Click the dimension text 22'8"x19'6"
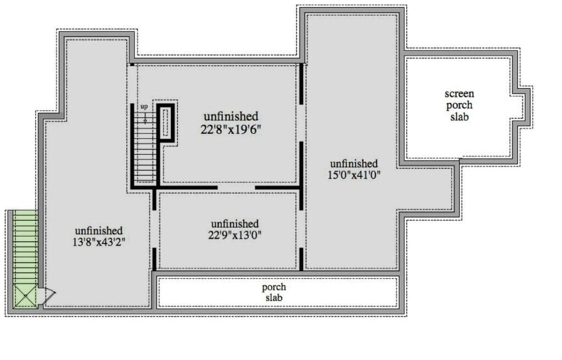[231, 130]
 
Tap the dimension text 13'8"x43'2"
[99, 242]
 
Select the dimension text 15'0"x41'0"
[354, 175]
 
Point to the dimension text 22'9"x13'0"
[235, 235]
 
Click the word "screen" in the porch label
[459, 94]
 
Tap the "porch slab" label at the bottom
[274, 292]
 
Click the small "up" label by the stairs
[144, 106]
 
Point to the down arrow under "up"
[145, 117]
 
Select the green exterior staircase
[25, 247]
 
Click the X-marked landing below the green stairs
[25, 295]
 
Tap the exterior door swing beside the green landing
[47, 294]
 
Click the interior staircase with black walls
[145, 147]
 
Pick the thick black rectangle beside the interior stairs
[166, 122]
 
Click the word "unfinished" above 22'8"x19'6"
[231, 116]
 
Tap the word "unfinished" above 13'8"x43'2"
[99, 230]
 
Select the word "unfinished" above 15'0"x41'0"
[354, 164]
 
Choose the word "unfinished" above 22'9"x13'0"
[235, 224]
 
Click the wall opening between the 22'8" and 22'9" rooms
[236, 188]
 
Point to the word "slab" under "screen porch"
[459, 117]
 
